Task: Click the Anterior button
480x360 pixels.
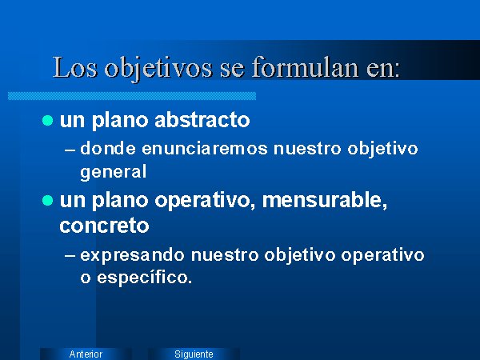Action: (86, 354)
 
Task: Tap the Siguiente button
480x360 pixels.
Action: (194, 354)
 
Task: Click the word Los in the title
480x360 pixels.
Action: (75, 67)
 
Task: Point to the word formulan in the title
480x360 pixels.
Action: (306, 66)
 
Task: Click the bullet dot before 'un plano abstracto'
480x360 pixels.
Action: (48, 120)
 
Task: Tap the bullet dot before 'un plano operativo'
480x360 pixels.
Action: (48, 201)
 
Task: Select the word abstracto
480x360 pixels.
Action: (202, 119)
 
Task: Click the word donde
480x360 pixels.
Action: (108, 149)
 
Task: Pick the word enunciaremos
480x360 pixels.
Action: (205, 149)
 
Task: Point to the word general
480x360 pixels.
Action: (114, 172)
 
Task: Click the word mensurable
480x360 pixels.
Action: (325, 200)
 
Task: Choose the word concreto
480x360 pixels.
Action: (104, 226)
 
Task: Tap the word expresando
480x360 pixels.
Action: (132, 256)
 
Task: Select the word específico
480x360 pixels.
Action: (145, 278)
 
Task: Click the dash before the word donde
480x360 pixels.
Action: (70, 150)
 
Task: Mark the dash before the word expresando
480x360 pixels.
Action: (70, 257)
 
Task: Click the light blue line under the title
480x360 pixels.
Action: (132, 96)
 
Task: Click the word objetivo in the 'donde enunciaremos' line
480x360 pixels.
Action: (382, 150)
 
